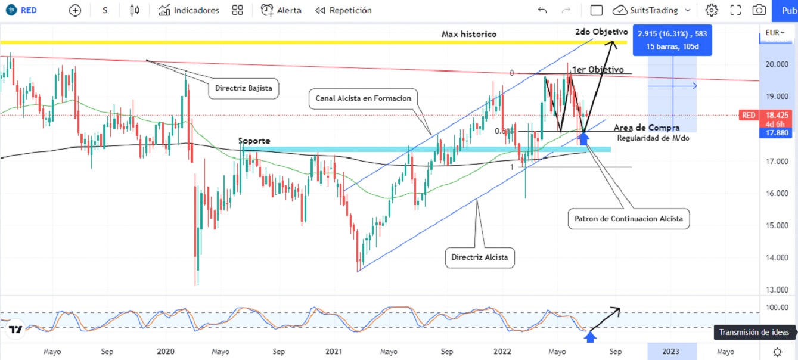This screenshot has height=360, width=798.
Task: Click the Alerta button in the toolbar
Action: point(281,10)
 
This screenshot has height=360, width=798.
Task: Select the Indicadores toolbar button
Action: point(189,10)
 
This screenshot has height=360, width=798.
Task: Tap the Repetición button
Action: point(343,10)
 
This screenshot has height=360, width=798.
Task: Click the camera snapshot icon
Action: point(759,10)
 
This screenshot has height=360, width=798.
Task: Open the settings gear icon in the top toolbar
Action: point(711,10)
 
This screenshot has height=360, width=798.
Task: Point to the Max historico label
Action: point(468,34)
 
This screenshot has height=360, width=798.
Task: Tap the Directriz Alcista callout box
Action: point(479,257)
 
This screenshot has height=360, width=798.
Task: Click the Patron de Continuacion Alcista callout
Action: point(628,219)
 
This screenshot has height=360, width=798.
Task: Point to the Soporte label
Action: point(254,141)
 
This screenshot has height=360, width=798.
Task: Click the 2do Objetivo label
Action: point(601,32)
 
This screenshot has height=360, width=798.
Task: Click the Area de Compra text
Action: point(646,128)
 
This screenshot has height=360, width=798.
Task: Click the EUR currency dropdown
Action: point(775,32)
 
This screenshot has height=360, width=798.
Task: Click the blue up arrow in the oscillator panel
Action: point(590,337)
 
